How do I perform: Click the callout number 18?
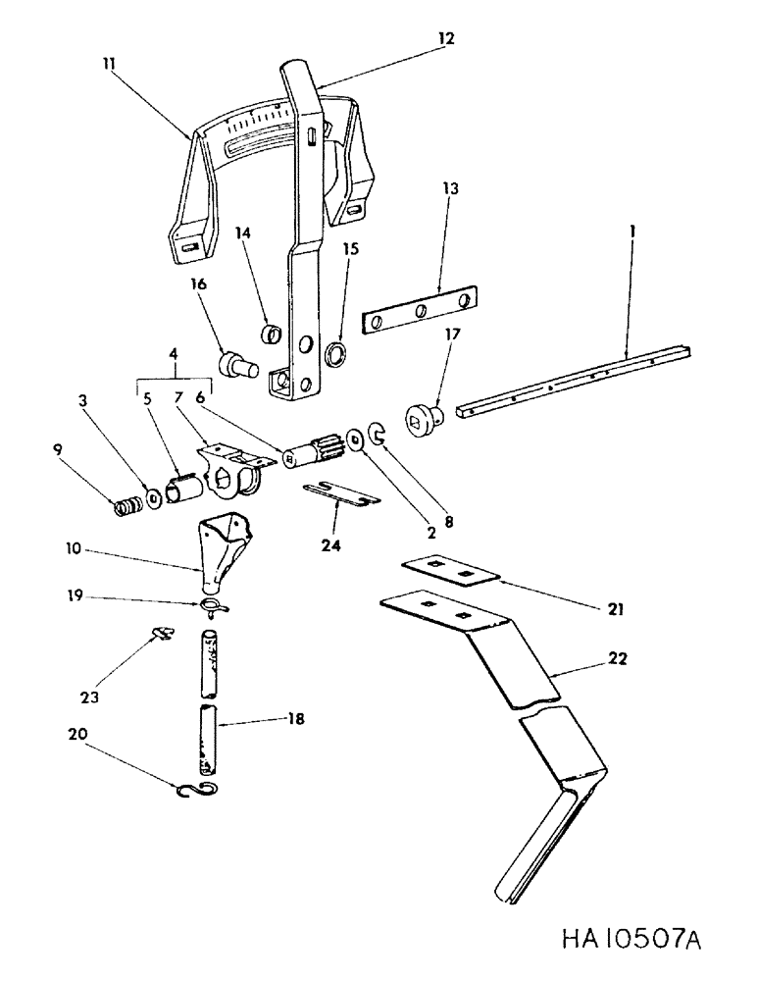click(291, 719)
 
